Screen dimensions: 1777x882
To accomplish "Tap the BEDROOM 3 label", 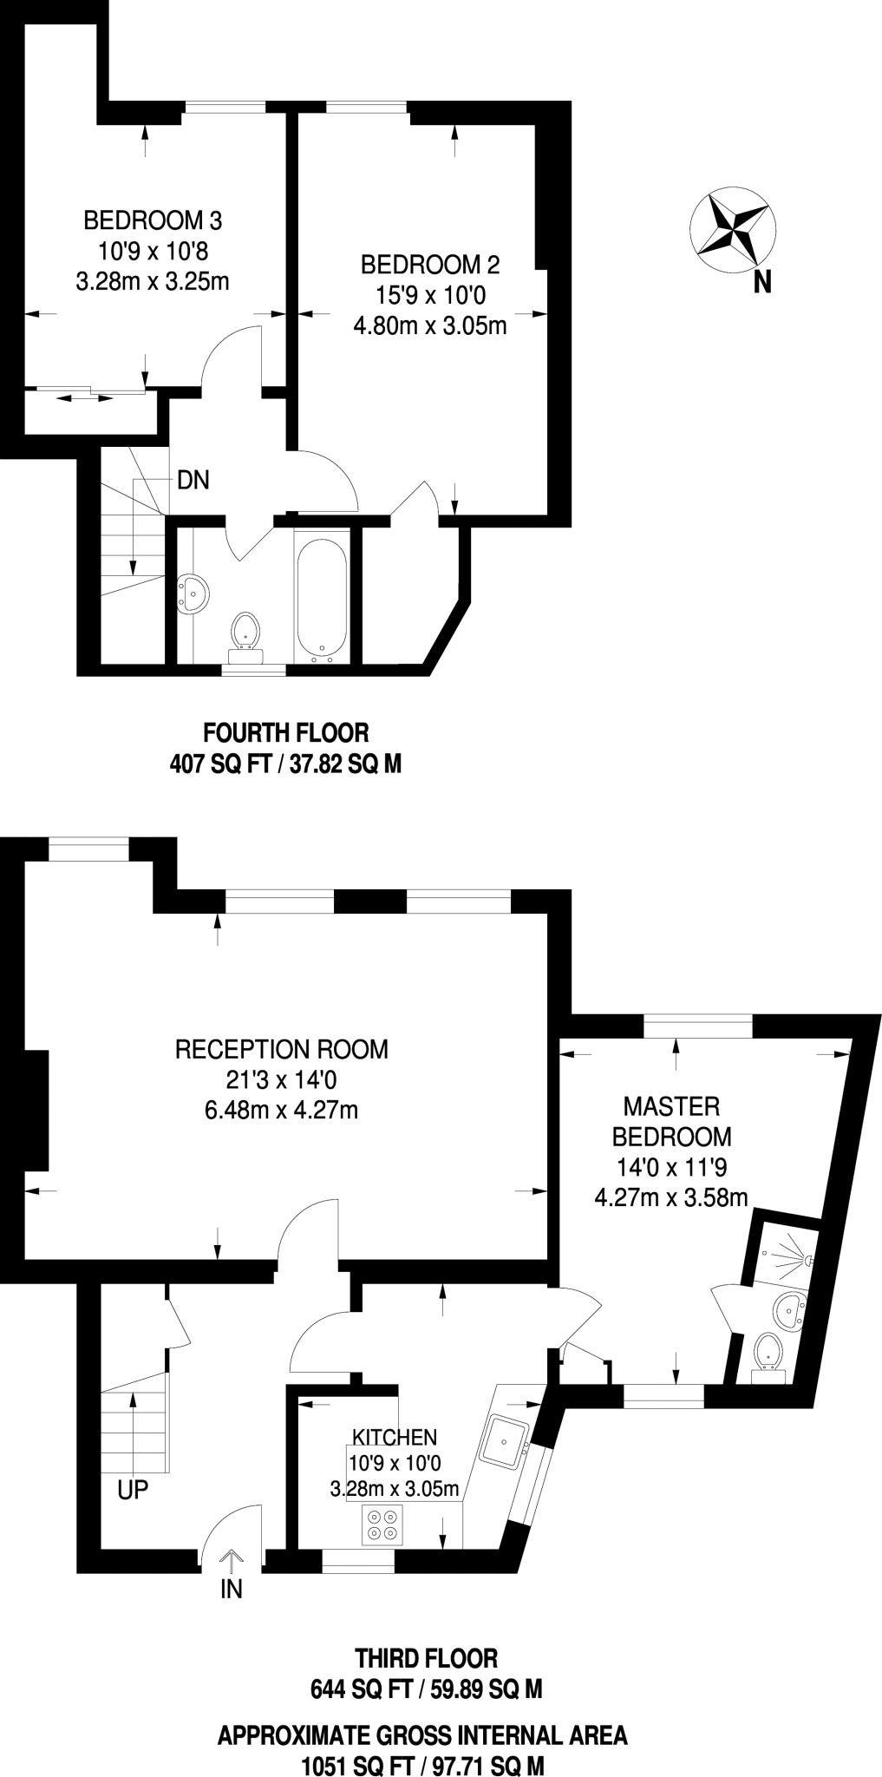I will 153,220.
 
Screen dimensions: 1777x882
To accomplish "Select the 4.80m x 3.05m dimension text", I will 430,326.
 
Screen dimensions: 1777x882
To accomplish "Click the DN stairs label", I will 193,480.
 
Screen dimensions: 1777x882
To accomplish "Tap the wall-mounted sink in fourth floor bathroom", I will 193,594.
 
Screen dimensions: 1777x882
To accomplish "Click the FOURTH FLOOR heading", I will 285,733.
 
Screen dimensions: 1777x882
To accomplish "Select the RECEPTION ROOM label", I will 282,1049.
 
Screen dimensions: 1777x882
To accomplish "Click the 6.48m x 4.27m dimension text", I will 282,1110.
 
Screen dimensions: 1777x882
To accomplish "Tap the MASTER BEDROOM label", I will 671,1121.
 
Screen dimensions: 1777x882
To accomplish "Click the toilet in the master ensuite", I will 767,1352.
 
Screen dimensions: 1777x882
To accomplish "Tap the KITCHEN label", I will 395,1438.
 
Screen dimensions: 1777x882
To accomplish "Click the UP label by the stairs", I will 133,1491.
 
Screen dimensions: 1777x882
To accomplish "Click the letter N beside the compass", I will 762,283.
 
